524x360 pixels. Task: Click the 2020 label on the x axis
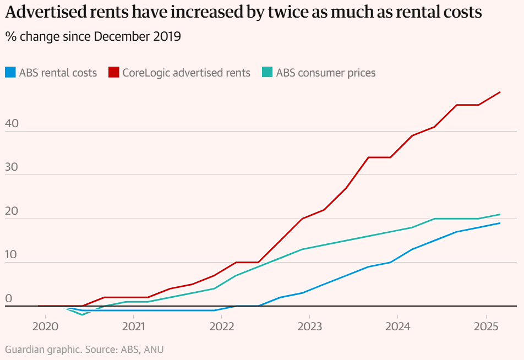[45, 326]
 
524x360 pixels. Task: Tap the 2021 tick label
[133, 326]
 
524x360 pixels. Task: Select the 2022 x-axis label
[221, 326]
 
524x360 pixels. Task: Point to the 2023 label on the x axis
[309, 326]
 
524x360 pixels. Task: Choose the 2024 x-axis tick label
[397, 326]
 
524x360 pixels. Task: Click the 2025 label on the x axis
[485, 326]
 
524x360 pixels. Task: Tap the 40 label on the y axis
[12, 124]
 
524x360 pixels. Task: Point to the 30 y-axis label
[12, 168]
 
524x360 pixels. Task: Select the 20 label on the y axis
[12, 212]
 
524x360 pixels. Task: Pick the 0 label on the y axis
[8, 299]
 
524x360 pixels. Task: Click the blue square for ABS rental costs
[10, 73]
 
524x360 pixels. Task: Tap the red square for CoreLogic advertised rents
[113, 73]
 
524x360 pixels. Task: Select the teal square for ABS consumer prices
[267, 73]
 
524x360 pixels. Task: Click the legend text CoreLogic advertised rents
[186, 73]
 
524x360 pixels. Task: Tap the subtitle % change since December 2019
[93, 37]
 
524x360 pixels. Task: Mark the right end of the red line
[500, 92]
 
